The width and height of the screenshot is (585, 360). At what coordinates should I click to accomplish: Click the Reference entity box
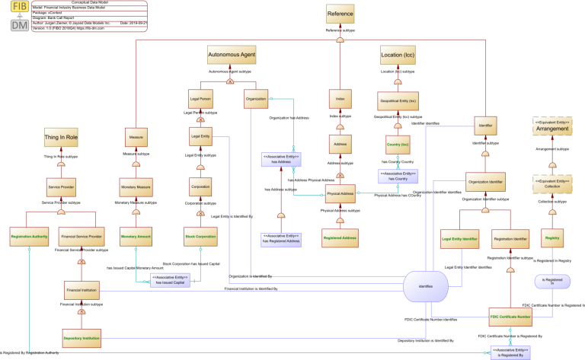(340, 14)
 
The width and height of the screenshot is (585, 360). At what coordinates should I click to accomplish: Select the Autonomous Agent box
(232, 56)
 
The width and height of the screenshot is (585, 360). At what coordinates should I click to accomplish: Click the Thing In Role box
(61, 137)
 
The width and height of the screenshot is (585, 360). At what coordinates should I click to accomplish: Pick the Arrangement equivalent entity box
(551, 126)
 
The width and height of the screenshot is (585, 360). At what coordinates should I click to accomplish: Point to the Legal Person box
(200, 99)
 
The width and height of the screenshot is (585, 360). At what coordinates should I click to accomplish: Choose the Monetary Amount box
(136, 237)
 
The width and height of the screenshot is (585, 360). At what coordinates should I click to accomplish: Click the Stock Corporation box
(200, 237)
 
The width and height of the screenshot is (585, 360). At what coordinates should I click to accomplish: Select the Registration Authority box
(29, 237)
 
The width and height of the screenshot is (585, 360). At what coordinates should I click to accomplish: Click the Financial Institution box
(82, 290)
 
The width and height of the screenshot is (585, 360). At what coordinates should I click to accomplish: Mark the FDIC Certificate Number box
(510, 315)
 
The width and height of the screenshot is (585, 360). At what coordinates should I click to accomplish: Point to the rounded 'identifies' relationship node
(426, 285)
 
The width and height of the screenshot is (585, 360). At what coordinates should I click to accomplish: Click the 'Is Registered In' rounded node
(553, 282)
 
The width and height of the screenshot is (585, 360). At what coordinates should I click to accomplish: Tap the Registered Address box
(340, 237)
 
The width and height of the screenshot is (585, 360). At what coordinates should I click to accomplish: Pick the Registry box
(551, 237)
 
